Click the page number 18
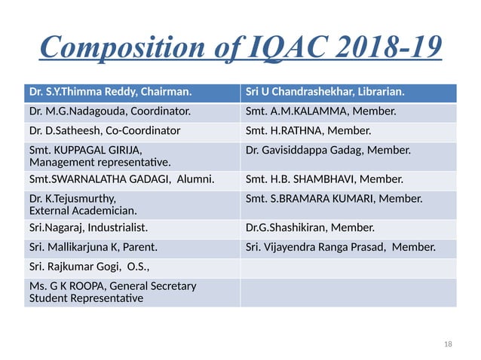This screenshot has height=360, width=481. click(449, 344)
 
